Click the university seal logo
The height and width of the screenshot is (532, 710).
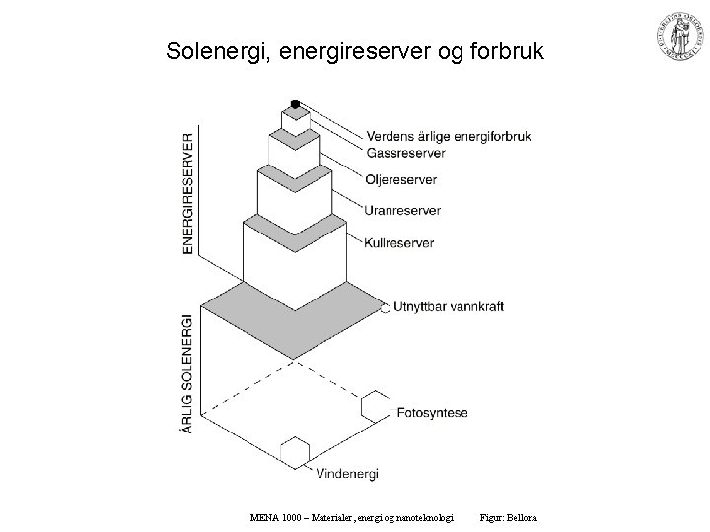click(674, 36)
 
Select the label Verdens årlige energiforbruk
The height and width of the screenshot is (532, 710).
click(449, 137)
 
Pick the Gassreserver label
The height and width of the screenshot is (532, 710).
click(405, 154)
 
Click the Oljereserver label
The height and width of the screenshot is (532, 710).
click(400, 180)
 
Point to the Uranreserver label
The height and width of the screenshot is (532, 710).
click(401, 211)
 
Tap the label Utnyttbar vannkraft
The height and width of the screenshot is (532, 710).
click(448, 307)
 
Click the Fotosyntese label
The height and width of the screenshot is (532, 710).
click(435, 412)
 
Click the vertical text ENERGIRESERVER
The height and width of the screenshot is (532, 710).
click(188, 194)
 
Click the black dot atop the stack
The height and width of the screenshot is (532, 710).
click(295, 104)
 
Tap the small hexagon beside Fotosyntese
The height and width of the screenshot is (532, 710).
click(375, 406)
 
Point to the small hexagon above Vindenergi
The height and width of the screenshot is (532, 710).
click(295, 452)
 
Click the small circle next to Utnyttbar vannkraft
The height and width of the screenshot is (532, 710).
click(385, 308)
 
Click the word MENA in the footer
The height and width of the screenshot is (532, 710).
click(263, 518)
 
